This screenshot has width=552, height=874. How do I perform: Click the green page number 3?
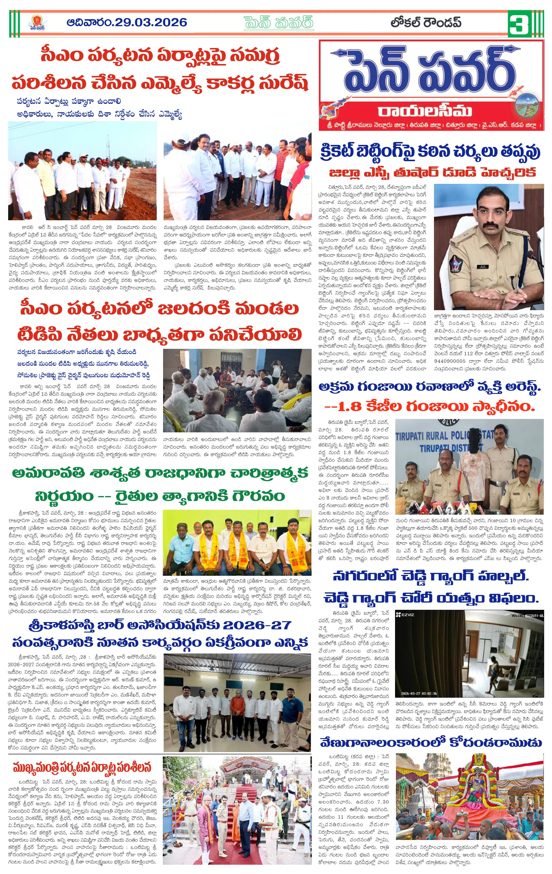coord(518,24)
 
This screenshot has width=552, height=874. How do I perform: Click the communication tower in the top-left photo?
coord(108,143)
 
